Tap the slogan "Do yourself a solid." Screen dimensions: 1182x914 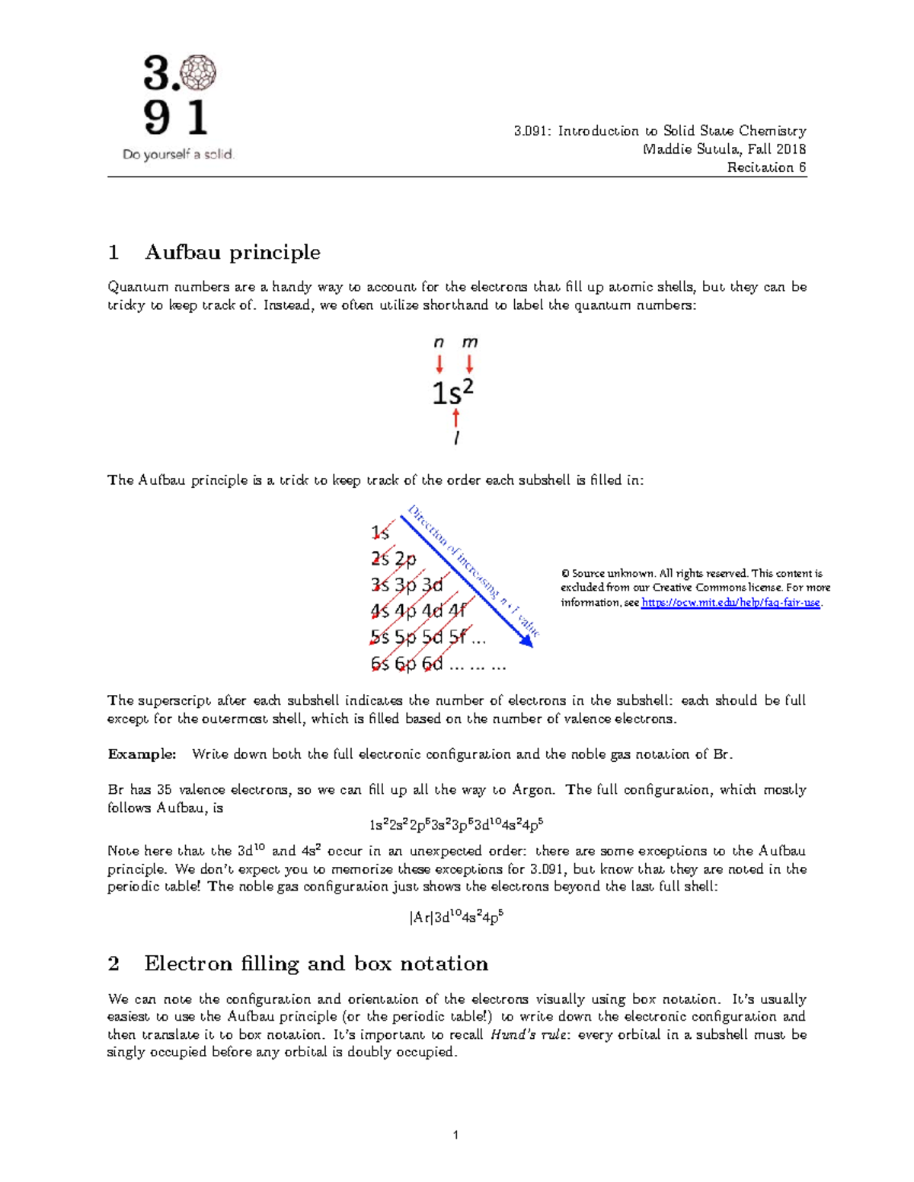[178, 155]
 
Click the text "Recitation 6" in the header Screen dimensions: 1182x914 [766, 167]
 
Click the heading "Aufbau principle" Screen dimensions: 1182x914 [232, 252]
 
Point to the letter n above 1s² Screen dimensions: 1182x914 [439, 342]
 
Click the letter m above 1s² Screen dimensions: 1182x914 [470, 342]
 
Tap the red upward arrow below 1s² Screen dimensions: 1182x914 [455, 418]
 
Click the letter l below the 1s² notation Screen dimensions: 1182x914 [455, 438]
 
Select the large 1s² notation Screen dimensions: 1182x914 [453, 392]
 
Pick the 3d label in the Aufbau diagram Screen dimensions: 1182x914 [432, 585]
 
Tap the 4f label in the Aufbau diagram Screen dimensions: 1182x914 [458, 610]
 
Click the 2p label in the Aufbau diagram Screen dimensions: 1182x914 [406, 559]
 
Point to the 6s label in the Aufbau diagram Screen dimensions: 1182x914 [380, 664]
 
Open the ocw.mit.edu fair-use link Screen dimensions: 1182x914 [730, 603]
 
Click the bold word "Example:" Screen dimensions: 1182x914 [142, 754]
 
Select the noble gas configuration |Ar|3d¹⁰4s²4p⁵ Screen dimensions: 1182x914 [456, 917]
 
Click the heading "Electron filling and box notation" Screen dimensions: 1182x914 [316, 964]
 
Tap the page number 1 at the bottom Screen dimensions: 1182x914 [455, 1135]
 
